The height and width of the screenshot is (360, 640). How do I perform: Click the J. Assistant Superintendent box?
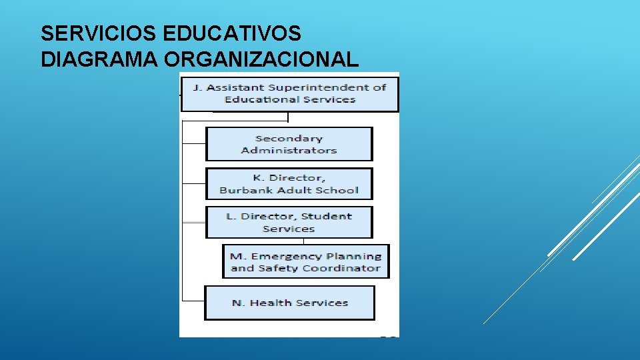pos(289,93)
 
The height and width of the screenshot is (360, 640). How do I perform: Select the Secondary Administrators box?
pos(289,144)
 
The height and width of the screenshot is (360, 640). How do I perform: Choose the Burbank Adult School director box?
pos(289,184)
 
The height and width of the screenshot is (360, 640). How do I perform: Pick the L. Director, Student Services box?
pos(289,222)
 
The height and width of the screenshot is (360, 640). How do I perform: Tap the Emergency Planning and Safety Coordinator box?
pos(305,262)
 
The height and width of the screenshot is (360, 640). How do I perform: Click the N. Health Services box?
pos(289,303)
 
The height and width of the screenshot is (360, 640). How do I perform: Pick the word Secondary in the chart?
pos(289,139)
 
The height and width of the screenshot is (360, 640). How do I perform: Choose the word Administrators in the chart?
pos(289,151)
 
